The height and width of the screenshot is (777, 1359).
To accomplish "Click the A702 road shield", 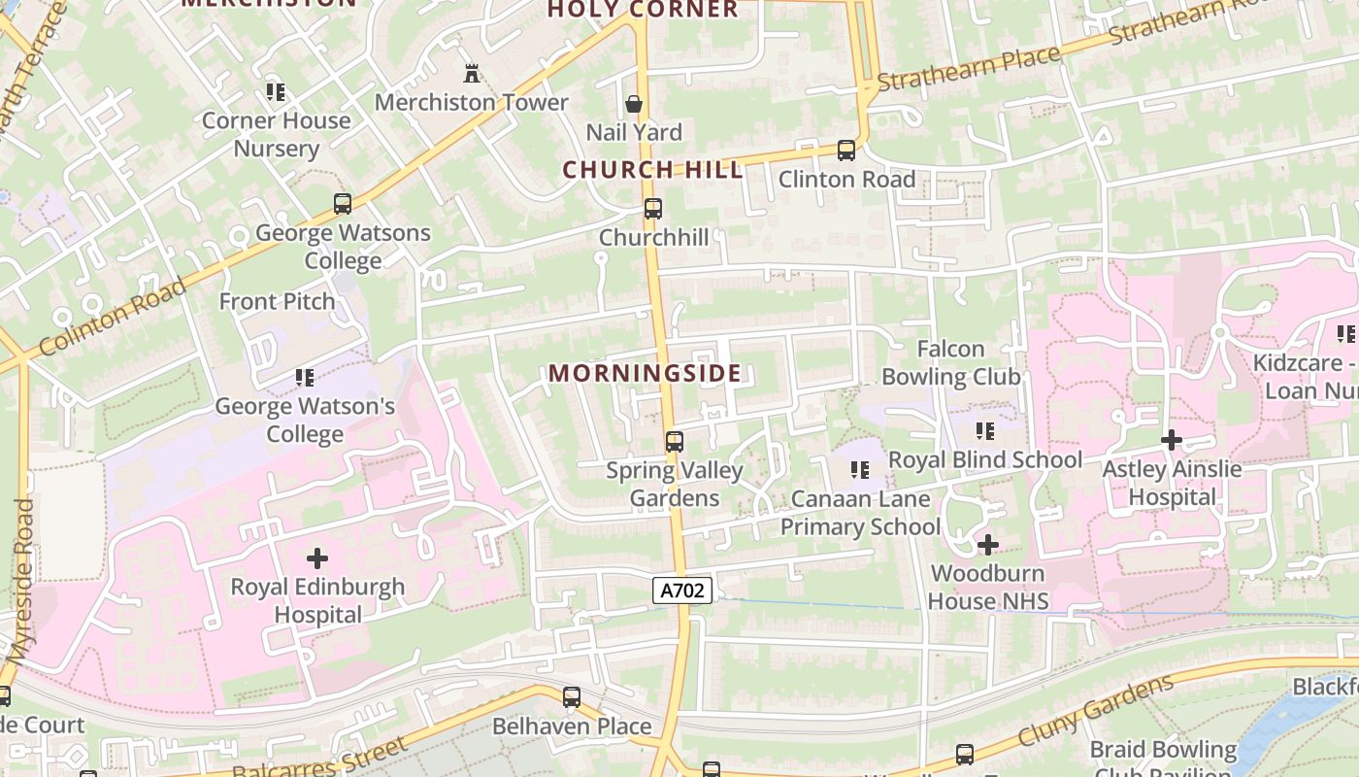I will coord(682,590).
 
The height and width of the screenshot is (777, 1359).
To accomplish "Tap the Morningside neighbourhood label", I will coord(645,373).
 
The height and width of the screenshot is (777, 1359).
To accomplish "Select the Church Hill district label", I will coord(652,170).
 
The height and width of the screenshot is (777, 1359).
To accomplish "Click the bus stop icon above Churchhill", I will coord(653,208).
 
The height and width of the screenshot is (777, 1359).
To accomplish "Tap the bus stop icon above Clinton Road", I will coord(846,151).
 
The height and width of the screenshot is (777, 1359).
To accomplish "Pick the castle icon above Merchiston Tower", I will coord(472,73).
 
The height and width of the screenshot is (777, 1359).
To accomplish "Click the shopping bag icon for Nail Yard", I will coord(634,103).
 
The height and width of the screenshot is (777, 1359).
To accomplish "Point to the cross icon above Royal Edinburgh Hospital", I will coord(317,558).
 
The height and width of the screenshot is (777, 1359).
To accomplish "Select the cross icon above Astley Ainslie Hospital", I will coord(1172,440).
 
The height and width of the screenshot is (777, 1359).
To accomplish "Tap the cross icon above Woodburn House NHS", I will coord(987,545).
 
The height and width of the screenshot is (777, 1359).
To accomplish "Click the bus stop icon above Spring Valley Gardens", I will coord(675,442).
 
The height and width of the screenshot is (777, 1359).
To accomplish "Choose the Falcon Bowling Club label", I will coord(950,362).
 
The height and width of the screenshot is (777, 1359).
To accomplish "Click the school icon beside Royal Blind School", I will coord(985,431).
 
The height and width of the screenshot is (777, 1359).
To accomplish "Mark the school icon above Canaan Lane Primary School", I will coord(860,470).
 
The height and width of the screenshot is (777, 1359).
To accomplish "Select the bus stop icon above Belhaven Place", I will coord(572,697).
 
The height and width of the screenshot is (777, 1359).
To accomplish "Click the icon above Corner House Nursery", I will coord(276,92).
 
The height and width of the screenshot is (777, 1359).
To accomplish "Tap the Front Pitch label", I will coord(277,301).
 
